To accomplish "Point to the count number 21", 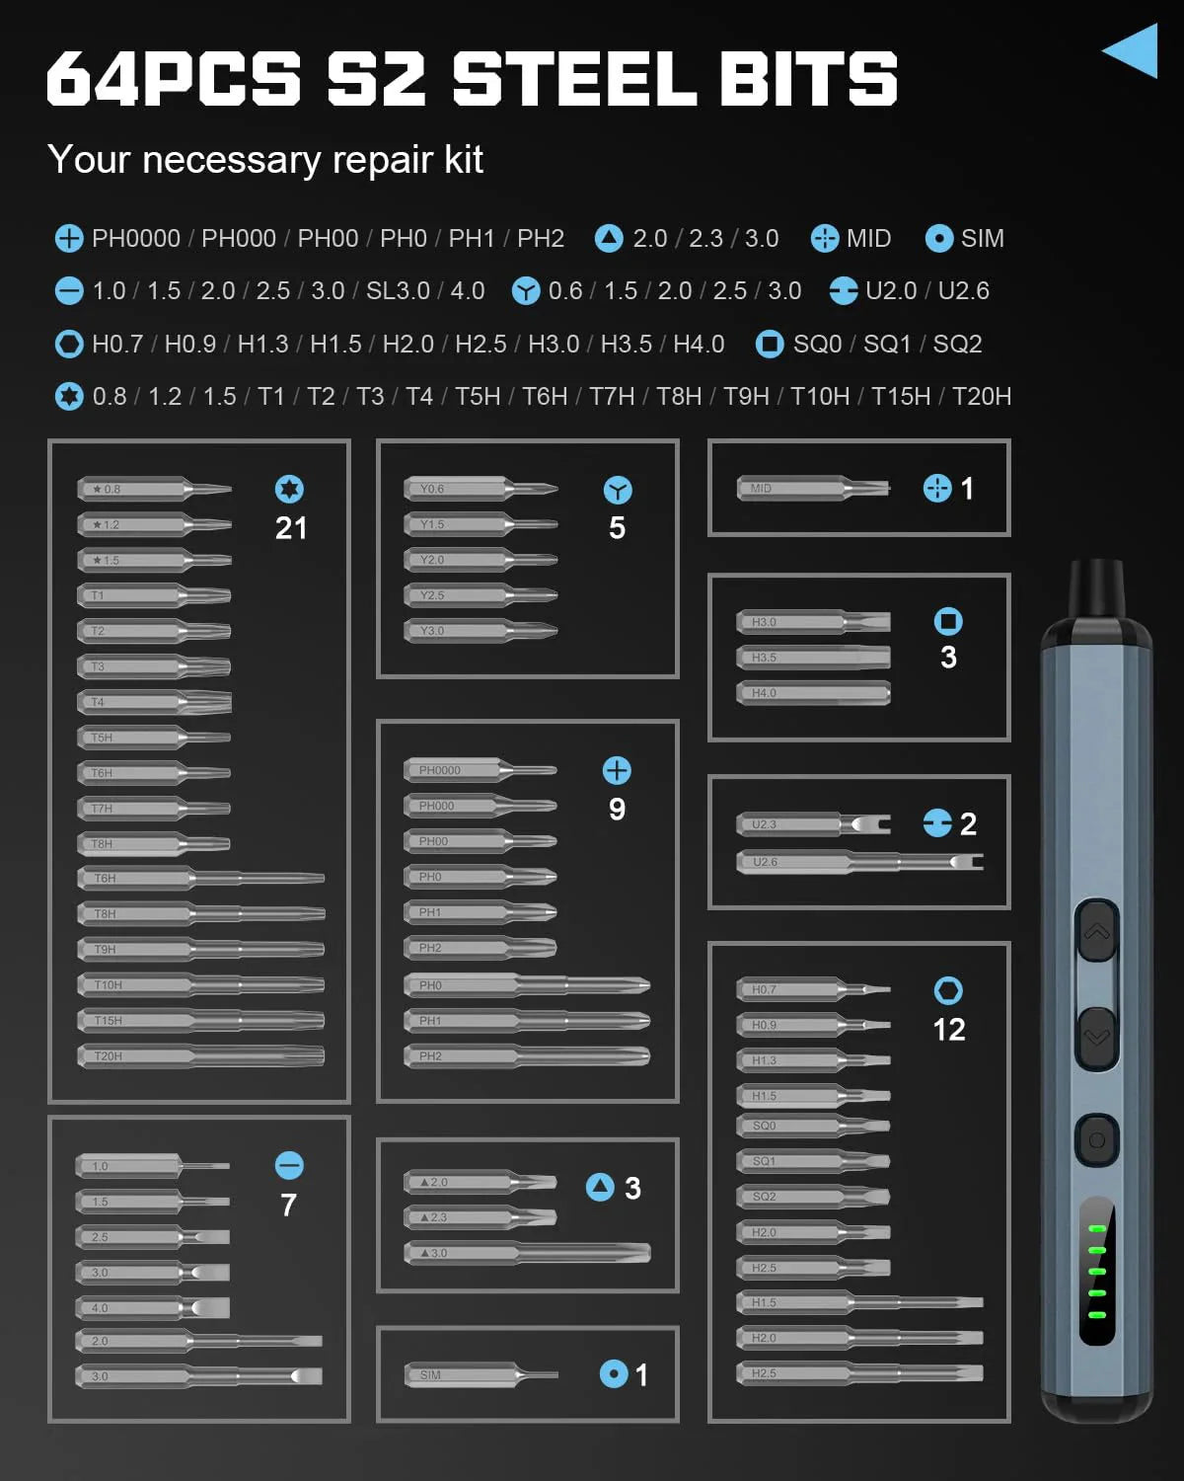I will click(x=291, y=528).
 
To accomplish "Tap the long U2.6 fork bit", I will click(x=858, y=862).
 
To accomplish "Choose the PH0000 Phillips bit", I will click(x=480, y=770).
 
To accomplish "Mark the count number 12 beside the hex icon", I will click(x=949, y=1030).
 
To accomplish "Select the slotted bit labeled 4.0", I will click(x=153, y=1307).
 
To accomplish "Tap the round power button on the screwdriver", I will click(x=1096, y=1140).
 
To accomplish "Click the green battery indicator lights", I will click(x=1096, y=1272).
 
